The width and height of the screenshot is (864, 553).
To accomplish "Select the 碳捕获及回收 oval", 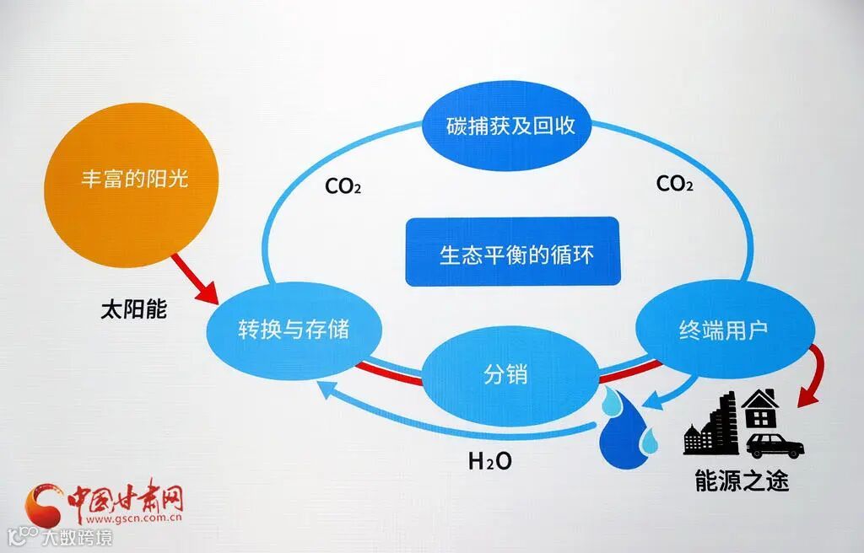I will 510,126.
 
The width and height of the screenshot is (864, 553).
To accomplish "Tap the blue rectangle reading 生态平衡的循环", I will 512,251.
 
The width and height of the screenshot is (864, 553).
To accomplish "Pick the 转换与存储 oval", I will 292,329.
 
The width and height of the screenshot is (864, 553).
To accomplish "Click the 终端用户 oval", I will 724,328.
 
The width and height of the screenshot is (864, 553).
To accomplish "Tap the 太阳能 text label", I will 133,309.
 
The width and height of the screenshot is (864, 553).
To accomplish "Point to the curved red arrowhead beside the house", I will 805,395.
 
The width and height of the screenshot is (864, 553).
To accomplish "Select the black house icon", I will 759,410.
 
